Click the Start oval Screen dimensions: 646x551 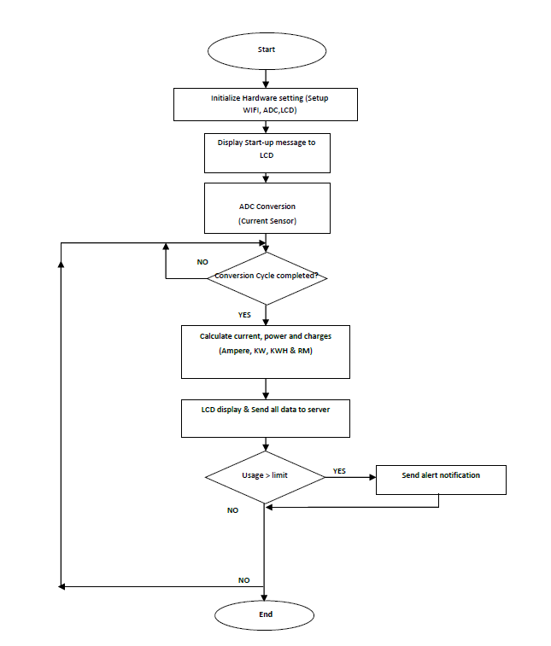pos(266,49)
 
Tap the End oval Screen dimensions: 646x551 pos(266,614)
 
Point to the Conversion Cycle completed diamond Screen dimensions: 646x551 pos(267,277)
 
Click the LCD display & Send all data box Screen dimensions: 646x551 pos(266,417)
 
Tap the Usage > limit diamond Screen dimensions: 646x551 pos(265,475)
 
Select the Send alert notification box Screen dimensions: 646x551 pos(441,479)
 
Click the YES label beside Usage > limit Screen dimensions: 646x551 pos(339,470)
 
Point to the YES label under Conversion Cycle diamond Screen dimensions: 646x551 pos(244,315)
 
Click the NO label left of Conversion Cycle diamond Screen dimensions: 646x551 pos(202,262)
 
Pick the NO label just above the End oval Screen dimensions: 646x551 pos(243,579)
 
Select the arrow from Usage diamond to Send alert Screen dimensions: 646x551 pos(350,477)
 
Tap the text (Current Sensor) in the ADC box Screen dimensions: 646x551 pos(267,222)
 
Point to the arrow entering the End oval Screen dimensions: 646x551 pos(266,594)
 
